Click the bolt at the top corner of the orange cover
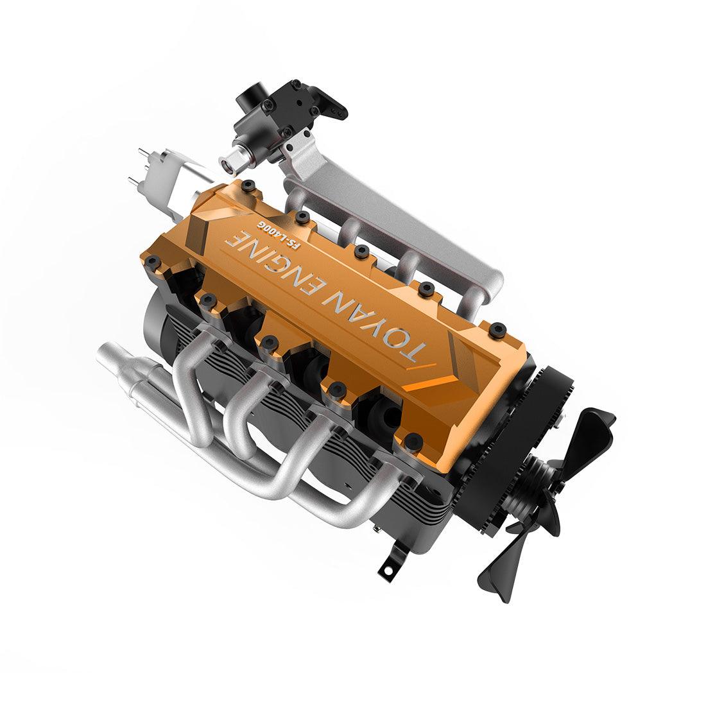click(x=251, y=187)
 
